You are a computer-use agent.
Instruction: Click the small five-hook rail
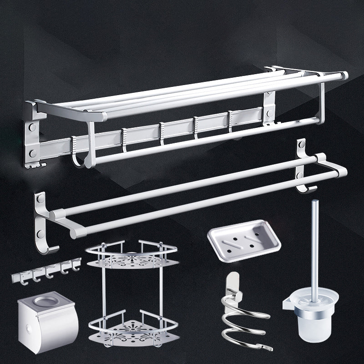[x=45, y=268]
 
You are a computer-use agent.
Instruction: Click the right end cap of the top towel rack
[x=344, y=76]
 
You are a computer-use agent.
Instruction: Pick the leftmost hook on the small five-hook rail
[x=20, y=277]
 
